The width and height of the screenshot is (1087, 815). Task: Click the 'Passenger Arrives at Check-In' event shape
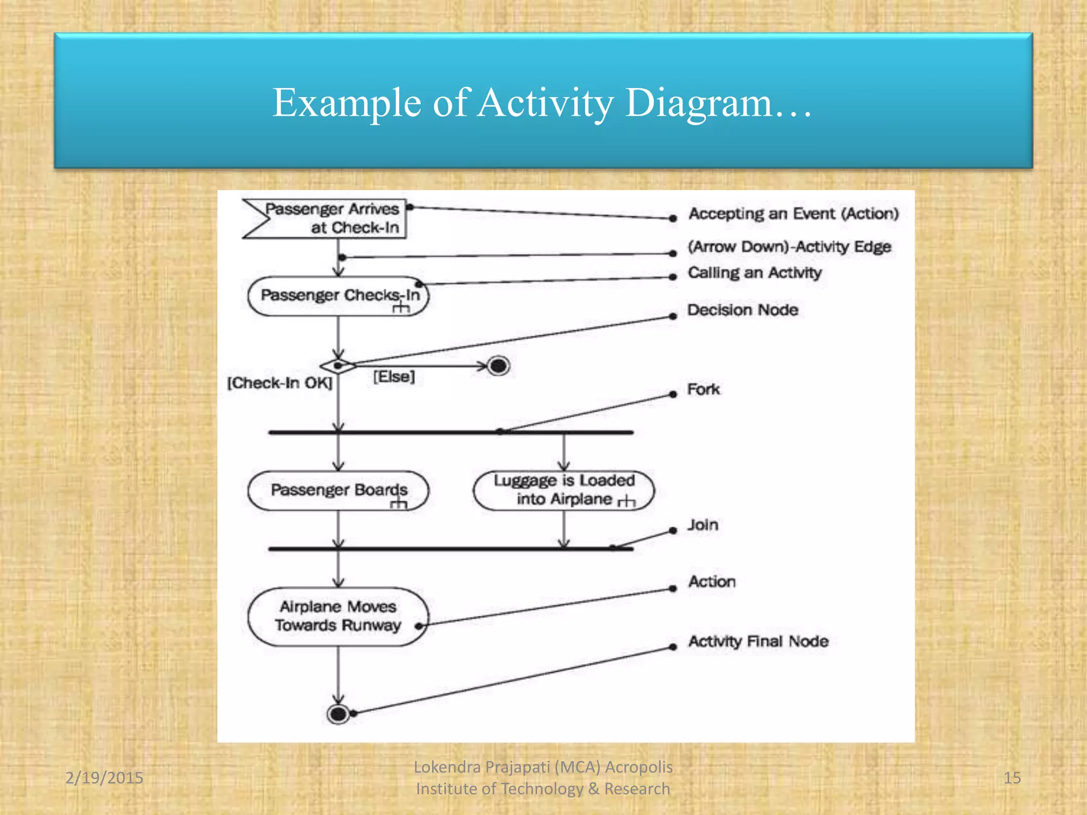pyautogui.click(x=329, y=219)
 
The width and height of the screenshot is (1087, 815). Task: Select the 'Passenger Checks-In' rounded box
pyautogui.click(x=338, y=296)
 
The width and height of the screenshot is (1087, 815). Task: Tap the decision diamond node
pyautogui.click(x=338, y=366)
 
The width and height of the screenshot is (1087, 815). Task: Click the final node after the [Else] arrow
pyautogui.click(x=498, y=366)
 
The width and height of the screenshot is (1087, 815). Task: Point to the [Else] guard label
pyautogui.click(x=394, y=377)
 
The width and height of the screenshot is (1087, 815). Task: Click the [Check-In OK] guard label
pyautogui.click(x=280, y=383)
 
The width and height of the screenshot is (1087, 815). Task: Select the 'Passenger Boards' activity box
pyautogui.click(x=338, y=490)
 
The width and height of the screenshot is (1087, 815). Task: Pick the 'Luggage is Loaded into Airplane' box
pyautogui.click(x=564, y=490)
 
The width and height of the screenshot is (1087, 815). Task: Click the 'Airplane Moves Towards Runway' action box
pyautogui.click(x=338, y=616)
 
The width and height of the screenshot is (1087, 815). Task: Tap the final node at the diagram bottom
pyautogui.click(x=338, y=714)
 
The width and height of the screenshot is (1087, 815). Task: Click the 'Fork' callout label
pyautogui.click(x=703, y=389)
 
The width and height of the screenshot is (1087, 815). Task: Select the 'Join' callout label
pyautogui.click(x=703, y=525)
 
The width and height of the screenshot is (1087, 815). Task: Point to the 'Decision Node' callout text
pyautogui.click(x=743, y=310)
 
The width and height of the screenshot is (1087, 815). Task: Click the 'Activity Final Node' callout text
pyautogui.click(x=758, y=641)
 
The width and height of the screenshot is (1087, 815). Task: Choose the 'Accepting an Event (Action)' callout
pyautogui.click(x=793, y=214)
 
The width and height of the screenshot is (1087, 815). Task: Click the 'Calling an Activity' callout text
pyautogui.click(x=755, y=273)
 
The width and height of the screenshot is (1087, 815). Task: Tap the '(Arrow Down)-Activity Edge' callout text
pyautogui.click(x=789, y=247)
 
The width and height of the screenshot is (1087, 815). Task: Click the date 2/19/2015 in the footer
pyautogui.click(x=104, y=778)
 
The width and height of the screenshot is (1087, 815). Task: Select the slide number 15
pyautogui.click(x=1012, y=778)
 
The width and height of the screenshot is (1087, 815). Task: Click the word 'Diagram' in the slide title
pyautogui.click(x=698, y=102)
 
